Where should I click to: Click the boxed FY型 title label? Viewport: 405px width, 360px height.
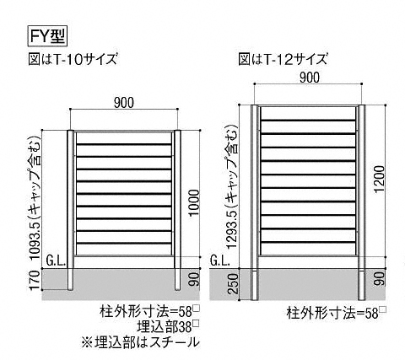coord(46,35)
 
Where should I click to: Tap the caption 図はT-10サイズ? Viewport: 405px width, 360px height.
coord(73,59)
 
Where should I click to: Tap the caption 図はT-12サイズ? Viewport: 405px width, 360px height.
coord(283,59)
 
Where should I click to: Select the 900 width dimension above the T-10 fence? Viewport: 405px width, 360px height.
coord(124,103)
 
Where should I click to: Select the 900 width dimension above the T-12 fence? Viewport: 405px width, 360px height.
coord(309,78)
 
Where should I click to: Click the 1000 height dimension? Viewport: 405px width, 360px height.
coord(194,202)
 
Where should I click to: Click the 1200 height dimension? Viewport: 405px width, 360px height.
coord(380,179)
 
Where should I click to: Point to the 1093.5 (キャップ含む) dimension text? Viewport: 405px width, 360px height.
coord(35,198)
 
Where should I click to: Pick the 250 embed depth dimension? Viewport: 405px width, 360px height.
coord(233,283)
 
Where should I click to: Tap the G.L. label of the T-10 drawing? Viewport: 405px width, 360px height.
coord(56,262)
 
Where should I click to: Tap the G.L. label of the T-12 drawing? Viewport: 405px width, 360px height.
coord(220,261)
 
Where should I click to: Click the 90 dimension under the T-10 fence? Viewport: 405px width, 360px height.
coord(194,279)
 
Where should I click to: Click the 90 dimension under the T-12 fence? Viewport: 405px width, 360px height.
coord(380,278)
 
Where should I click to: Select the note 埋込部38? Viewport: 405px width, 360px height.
coord(168,326)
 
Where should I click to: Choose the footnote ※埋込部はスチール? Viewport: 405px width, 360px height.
coord(140,341)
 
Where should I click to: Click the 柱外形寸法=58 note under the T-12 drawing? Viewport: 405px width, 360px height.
coord(336,313)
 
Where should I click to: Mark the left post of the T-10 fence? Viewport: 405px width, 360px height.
coord(71,210)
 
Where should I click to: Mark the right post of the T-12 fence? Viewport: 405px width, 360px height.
coord(361,202)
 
